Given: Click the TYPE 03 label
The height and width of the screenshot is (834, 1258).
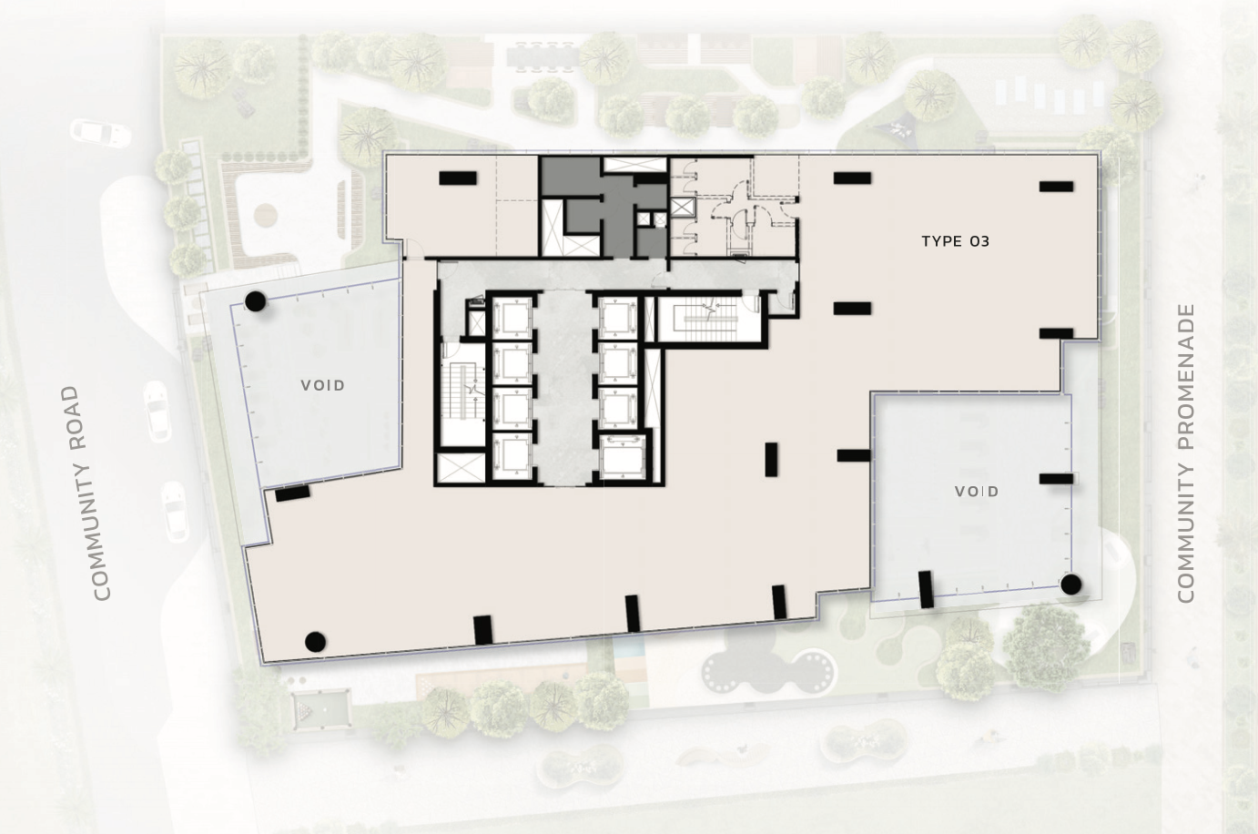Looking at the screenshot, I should pyautogui.click(x=955, y=241).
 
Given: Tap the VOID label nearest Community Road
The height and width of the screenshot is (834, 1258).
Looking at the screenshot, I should pyautogui.click(x=323, y=385).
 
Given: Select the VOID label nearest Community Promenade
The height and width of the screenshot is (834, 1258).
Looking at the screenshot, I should pyautogui.click(x=977, y=492).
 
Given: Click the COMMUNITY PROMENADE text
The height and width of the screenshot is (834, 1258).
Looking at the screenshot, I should pyautogui.click(x=1184, y=453).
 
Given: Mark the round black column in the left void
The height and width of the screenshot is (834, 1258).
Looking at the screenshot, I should pyautogui.click(x=256, y=300).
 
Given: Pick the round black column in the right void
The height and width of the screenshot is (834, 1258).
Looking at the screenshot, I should pyautogui.click(x=1070, y=585).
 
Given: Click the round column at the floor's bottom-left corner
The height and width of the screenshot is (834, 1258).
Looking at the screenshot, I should pyautogui.click(x=315, y=641).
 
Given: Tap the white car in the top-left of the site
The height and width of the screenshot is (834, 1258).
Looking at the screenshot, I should pyautogui.click(x=101, y=133).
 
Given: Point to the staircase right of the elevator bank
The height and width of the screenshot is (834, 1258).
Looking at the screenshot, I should pyautogui.click(x=706, y=319).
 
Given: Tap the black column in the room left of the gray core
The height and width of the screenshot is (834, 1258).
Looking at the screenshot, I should pyautogui.click(x=457, y=178).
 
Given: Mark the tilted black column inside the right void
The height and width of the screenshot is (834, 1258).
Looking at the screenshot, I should pyautogui.click(x=926, y=589).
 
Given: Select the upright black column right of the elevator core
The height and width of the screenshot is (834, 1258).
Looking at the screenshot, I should pyautogui.click(x=772, y=458).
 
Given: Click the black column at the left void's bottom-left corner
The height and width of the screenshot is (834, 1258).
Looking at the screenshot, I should pyautogui.click(x=292, y=493).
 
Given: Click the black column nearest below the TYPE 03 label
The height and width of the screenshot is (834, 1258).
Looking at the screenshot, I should pyautogui.click(x=852, y=309).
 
